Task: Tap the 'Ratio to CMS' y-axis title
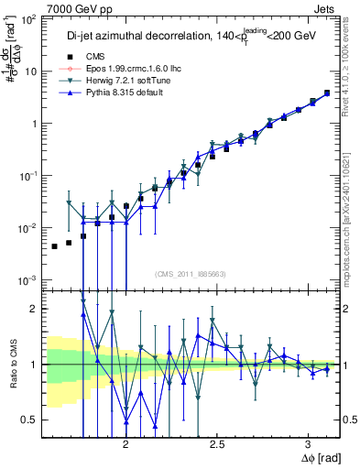12,364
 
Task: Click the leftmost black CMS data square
54,246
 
